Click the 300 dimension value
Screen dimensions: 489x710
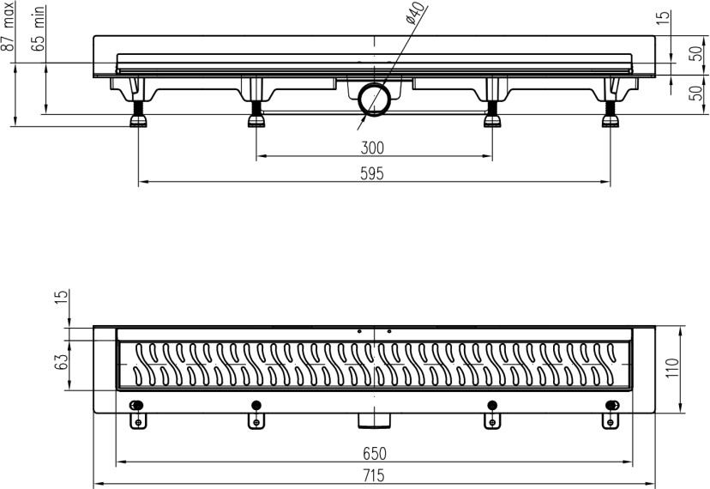pos(373,147)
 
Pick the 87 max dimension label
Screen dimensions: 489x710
pos(9,31)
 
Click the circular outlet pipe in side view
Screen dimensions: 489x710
pos(374,99)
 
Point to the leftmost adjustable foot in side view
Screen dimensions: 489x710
pos(138,113)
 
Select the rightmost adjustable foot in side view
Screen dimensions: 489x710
pos(610,113)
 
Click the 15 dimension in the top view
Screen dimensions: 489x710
pos(61,299)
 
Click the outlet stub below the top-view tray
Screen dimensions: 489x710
pos(374,420)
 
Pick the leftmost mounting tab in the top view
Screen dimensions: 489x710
pos(137,420)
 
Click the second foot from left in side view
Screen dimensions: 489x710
pos(256,113)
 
